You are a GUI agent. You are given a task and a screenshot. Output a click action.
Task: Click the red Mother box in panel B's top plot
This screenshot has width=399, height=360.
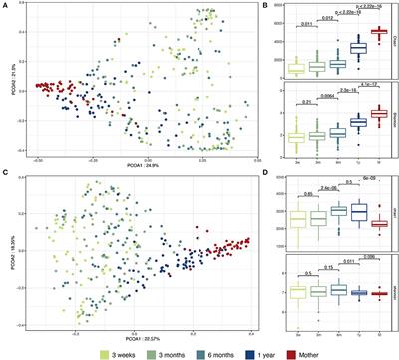(378, 32)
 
